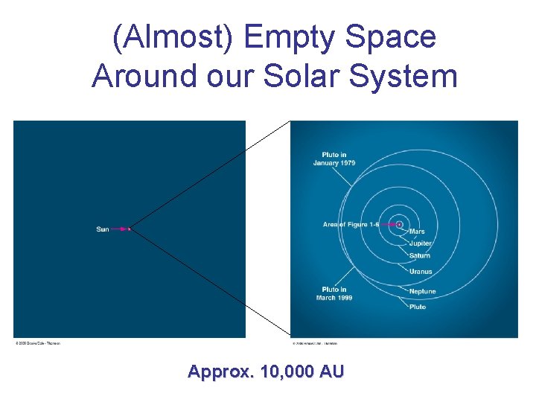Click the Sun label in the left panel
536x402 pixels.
click(x=103, y=229)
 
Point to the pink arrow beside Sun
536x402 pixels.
click(x=120, y=229)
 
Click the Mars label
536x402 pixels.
click(x=417, y=232)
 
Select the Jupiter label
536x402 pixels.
click(x=420, y=243)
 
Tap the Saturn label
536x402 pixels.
click(x=419, y=256)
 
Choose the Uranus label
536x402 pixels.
click(x=420, y=272)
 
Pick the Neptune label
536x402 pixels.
click(x=422, y=291)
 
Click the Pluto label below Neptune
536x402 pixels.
click(x=417, y=307)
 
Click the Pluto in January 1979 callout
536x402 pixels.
click(x=334, y=159)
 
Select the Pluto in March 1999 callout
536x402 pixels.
click(x=334, y=293)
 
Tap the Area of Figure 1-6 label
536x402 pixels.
click(x=351, y=224)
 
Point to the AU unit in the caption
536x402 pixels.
click(x=331, y=371)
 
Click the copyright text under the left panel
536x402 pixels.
click(x=37, y=343)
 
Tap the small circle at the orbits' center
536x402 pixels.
click(x=400, y=223)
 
